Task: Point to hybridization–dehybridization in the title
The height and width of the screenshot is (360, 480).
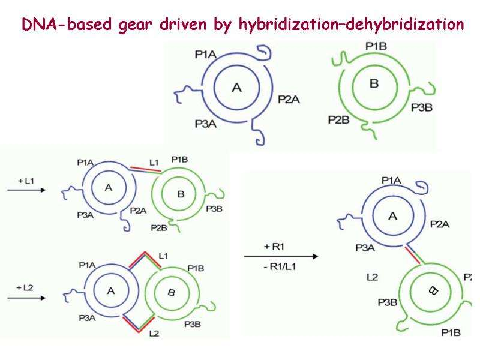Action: tap(351, 25)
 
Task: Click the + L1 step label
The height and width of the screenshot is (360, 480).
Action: tap(26, 181)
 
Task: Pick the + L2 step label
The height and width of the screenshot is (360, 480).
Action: tap(25, 288)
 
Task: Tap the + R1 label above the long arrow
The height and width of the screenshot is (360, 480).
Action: tap(274, 247)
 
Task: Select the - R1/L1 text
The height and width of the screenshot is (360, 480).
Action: tap(279, 266)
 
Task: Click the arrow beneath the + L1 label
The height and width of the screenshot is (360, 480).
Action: tap(26, 190)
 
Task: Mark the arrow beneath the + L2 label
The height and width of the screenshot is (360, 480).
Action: tap(26, 298)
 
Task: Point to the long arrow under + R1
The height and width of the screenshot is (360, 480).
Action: tap(281, 256)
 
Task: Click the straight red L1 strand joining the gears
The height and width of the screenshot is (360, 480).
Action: tap(146, 169)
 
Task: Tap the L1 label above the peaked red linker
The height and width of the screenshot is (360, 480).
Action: tap(163, 256)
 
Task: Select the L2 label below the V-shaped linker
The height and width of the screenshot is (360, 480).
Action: tap(154, 334)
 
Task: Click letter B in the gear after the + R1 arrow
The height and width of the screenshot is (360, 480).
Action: tap(433, 290)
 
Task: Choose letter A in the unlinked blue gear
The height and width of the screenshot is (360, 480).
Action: tap(236, 88)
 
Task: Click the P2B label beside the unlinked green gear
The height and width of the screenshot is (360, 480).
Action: tap(338, 119)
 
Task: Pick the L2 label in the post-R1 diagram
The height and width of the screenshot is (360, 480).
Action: tap(372, 277)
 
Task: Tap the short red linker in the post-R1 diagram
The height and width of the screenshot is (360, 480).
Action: tap(412, 255)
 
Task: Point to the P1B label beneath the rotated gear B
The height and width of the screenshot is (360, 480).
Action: tap(451, 333)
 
